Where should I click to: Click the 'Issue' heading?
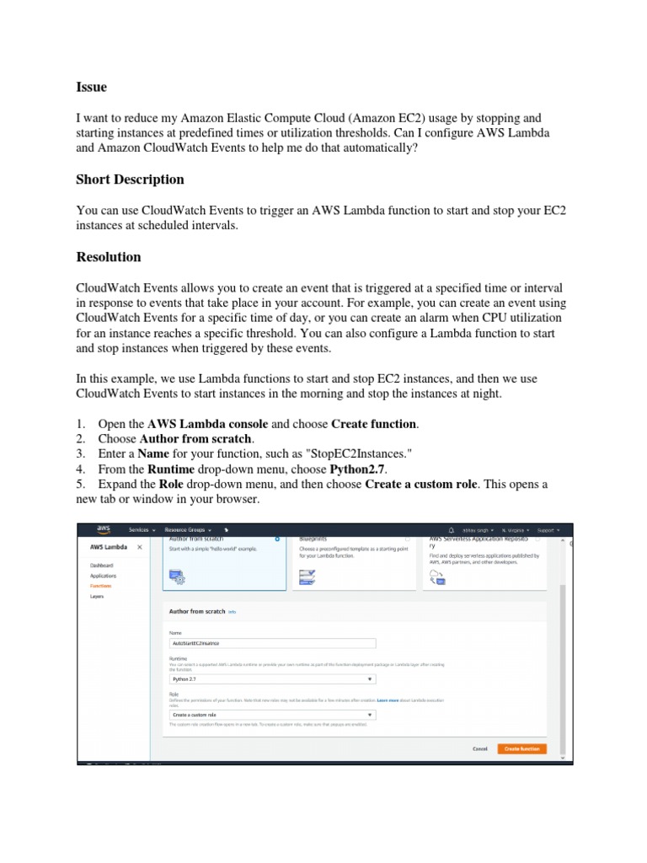(x=91, y=88)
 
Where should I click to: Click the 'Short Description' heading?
(x=130, y=180)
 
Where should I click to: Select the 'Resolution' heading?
(x=109, y=257)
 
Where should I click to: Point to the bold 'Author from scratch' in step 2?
(x=195, y=439)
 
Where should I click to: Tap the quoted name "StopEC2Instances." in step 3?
(x=358, y=454)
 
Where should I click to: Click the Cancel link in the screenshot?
(x=479, y=748)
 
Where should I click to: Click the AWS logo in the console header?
(x=103, y=530)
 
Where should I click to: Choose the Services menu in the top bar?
(x=141, y=530)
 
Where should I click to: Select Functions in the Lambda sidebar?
(x=100, y=586)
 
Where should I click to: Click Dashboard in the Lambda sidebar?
(x=102, y=566)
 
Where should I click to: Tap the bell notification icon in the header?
(x=452, y=530)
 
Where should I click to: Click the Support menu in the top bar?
(x=548, y=530)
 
